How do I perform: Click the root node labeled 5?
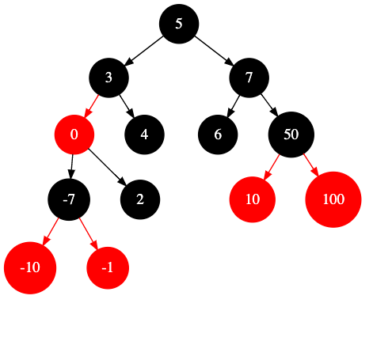(179, 24)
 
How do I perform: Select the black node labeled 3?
(108, 78)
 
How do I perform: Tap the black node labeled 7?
(249, 78)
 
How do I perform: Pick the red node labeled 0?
(74, 135)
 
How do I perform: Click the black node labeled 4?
(144, 135)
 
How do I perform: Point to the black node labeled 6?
(218, 135)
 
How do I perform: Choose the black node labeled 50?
(291, 135)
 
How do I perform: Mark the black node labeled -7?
(69, 199)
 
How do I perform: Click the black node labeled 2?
(140, 199)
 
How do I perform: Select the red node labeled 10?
(253, 199)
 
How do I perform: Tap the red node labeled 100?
(333, 199)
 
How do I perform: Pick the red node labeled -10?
(30, 268)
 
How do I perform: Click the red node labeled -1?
(108, 268)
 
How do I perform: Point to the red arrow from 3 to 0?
(91, 106)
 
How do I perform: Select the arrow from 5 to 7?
(215, 51)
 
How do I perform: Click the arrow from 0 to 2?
(107, 167)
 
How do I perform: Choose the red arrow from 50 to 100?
(311, 165)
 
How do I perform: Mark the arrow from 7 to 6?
(234, 106)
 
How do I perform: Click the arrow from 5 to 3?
(143, 51)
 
